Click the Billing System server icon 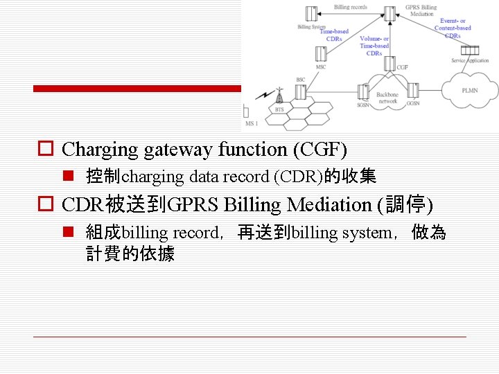click(x=312, y=13)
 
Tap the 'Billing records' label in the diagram click(x=350, y=8)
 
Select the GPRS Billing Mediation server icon click(x=392, y=12)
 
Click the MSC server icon click(x=320, y=53)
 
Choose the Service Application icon click(x=471, y=50)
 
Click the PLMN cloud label click(x=470, y=90)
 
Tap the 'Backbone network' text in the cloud click(x=387, y=98)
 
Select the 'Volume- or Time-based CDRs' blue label click(x=374, y=46)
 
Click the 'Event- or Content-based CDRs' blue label click(x=453, y=28)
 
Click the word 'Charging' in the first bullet click(x=100, y=149)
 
